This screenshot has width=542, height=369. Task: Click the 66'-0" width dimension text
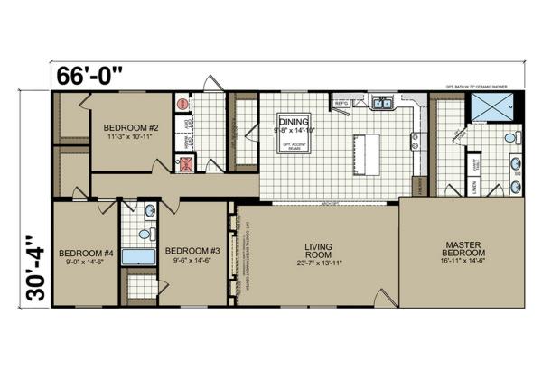91,75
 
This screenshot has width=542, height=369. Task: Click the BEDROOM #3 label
190,250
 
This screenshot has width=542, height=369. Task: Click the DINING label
294,121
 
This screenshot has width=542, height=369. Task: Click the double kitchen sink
383,103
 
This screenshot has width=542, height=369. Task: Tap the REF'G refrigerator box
341,104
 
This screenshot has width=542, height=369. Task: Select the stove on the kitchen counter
416,141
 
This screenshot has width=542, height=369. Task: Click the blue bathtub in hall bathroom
139,256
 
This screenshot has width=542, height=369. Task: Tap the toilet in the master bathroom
510,138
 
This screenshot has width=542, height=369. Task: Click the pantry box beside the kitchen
416,185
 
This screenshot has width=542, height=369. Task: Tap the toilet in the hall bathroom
149,210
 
